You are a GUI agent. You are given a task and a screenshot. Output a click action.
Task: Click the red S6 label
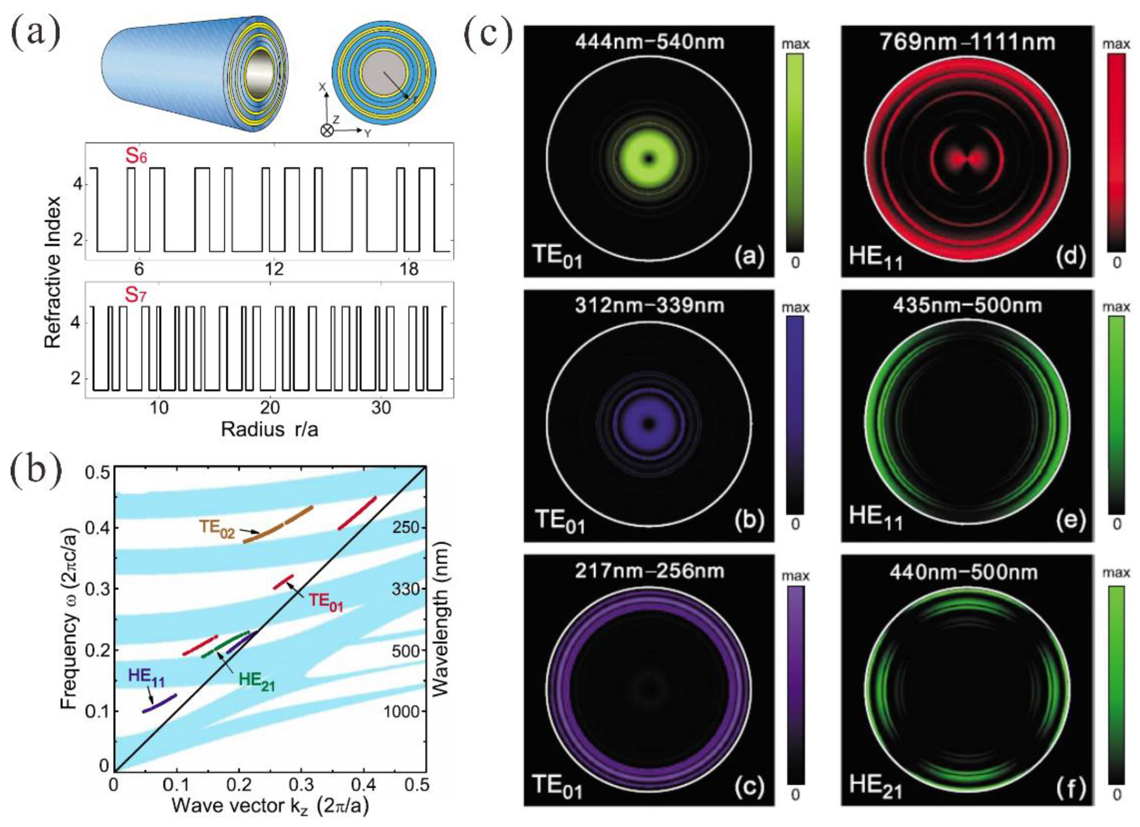click(x=136, y=156)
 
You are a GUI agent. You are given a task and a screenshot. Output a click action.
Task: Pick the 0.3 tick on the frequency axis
click(x=97, y=589)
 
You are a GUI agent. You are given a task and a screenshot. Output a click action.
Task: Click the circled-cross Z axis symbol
click(x=327, y=131)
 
